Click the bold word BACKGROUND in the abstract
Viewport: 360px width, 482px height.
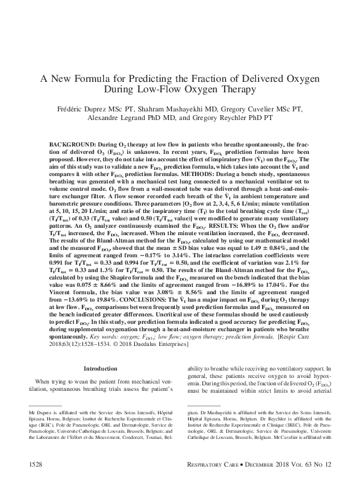point(71,143)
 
